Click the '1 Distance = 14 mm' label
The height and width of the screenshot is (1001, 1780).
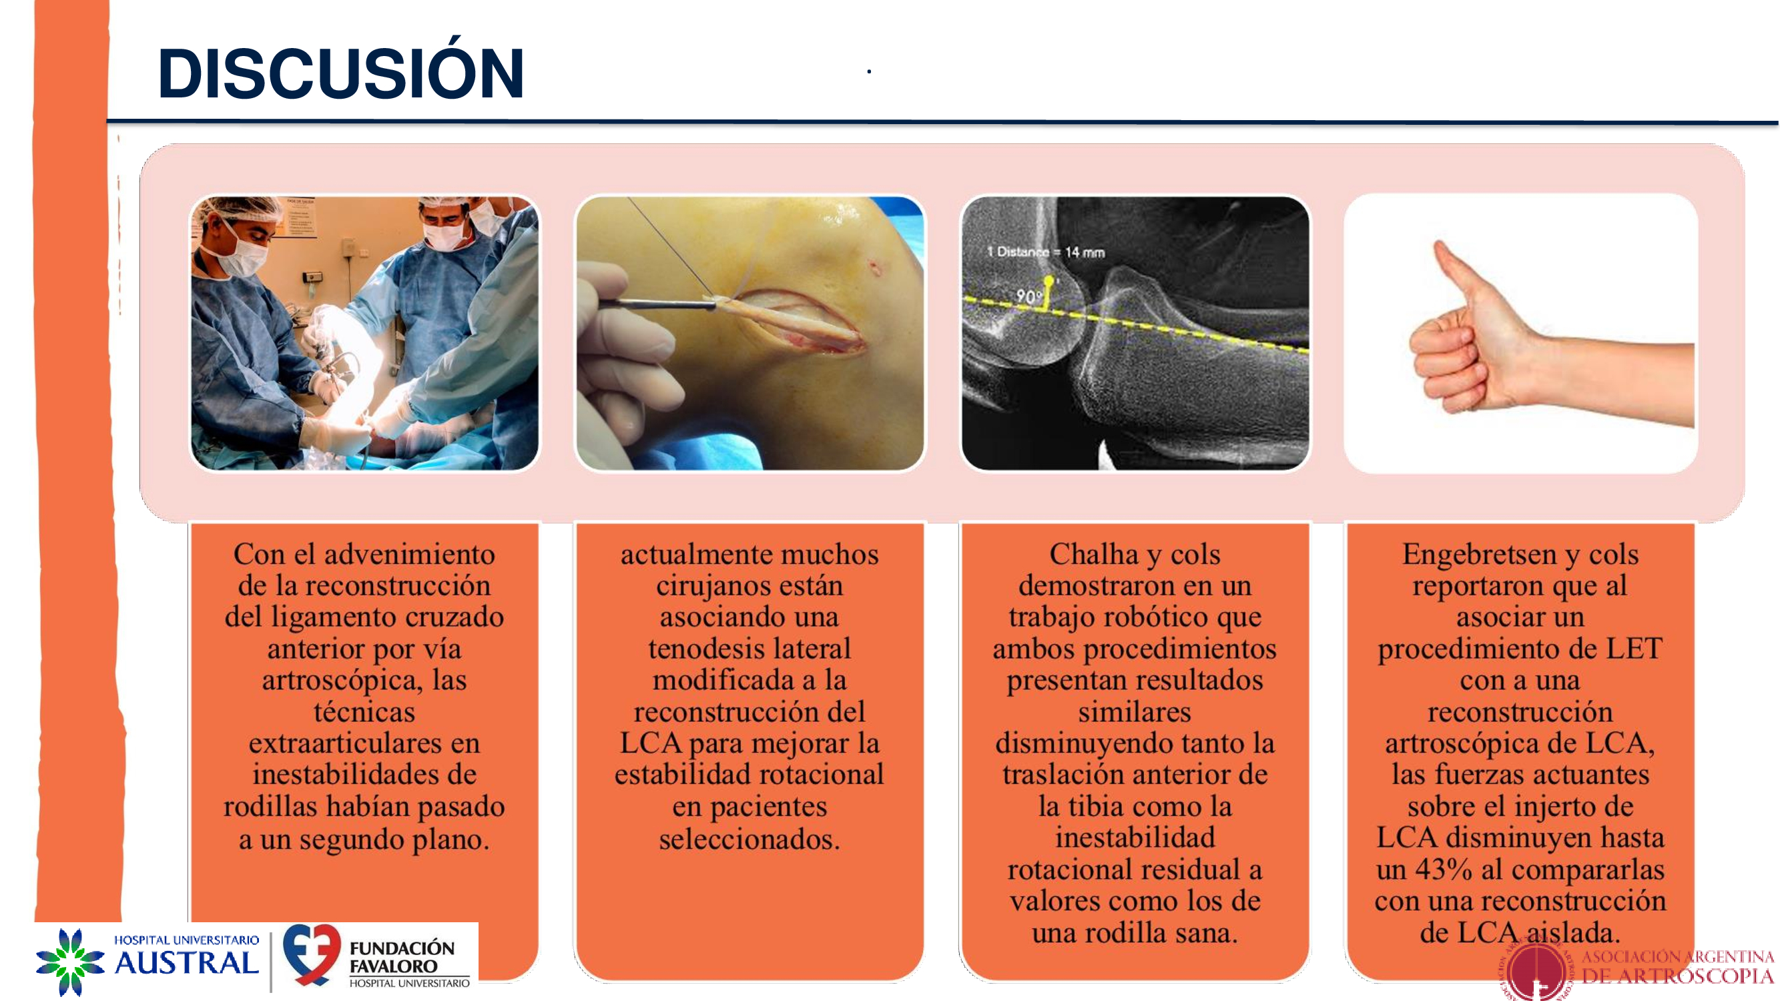click(x=1045, y=252)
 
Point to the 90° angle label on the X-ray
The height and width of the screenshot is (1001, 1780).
click(x=1029, y=296)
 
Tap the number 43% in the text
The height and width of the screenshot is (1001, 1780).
click(x=1444, y=870)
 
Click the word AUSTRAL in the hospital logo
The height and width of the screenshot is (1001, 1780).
click(x=187, y=962)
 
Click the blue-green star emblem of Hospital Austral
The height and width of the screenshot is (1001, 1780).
click(x=70, y=962)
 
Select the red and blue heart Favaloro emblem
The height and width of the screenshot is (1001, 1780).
click(x=312, y=954)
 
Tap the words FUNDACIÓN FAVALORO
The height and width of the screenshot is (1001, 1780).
click(x=402, y=957)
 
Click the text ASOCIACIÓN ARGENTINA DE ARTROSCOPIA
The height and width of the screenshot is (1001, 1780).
click(x=1678, y=966)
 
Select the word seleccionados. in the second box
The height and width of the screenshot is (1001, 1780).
click(x=750, y=840)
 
